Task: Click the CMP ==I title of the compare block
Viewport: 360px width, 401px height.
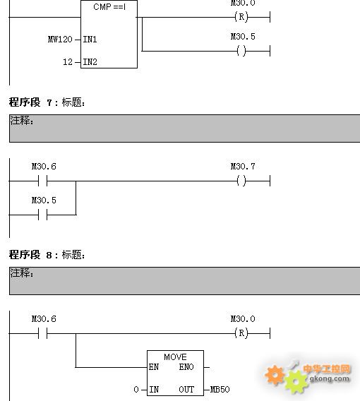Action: pyautogui.click(x=109, y=7)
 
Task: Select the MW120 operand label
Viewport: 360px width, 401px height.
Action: pyautogui.click(x=60, y=40)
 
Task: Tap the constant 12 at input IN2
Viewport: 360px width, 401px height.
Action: pyautogui.click(x=68, y=62)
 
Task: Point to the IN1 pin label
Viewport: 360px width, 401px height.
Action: pyautogui.click(x=90, y=40)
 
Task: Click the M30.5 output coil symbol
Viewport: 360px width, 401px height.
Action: pyautogui.click(x=241, y=51)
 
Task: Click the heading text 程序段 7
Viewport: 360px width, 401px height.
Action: pyautogui.click(x=30, y=102)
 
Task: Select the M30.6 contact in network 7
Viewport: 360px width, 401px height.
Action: pyautogui.click(x=42, y=181)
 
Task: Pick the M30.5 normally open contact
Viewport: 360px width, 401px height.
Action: pyautogui.click(x=42, y=215)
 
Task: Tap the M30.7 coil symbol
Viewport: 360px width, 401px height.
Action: pyautogui.click(x=241, y=181)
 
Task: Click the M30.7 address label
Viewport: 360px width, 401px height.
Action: pyautogui.click(x=243, y=167)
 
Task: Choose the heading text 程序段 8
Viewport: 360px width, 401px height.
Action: pyautogui.click(x=30, y=255)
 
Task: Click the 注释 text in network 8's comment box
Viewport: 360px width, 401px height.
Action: pyautogui.click(x=22, y=273)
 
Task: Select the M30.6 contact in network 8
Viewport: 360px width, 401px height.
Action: pyautogui.click(x=42, y=333)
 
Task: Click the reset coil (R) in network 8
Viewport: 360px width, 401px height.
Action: pyautogui.click(x=241, y=333)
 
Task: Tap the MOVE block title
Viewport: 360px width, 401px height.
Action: pyautogui.click(x=175, y=357)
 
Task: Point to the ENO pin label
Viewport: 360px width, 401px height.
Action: pyautogui.click(x=186, y=367)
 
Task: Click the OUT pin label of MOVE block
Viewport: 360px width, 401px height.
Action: pyautogui.click(x=186, y=390)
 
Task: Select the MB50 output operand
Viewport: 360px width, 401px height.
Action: pyautogui.click(x=220, y=390)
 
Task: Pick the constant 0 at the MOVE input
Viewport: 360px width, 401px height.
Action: pyautogui.click(x=136, y=390)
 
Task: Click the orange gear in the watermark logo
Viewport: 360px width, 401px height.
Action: pyautogui.click(x=275, y=375)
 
